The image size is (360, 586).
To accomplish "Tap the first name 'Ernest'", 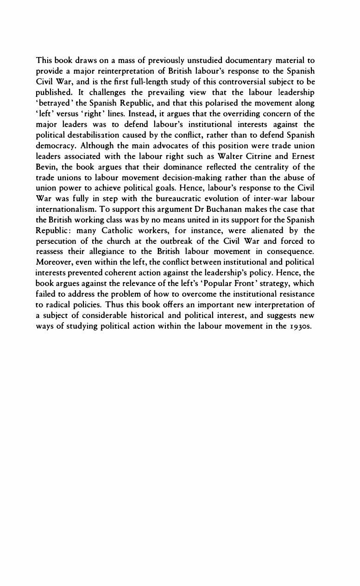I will point(303,156).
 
